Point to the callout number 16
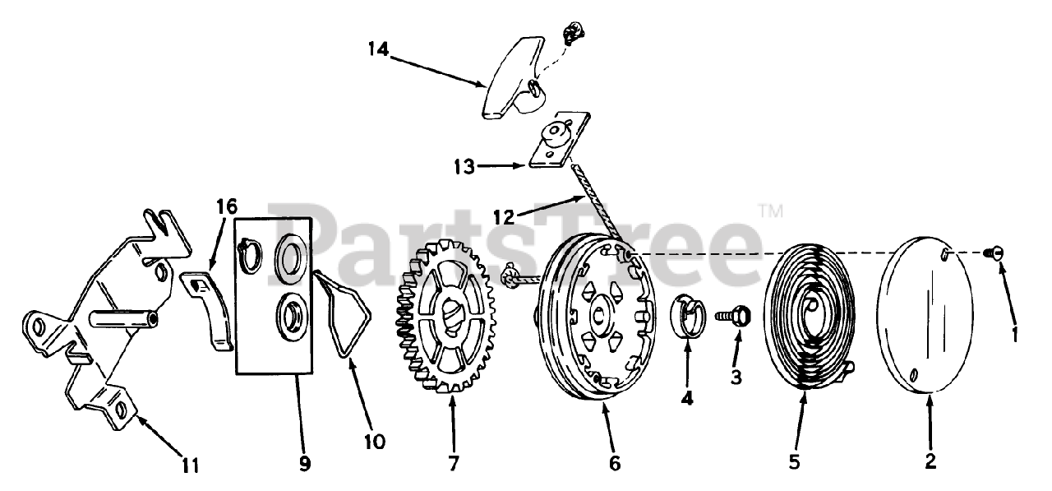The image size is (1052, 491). tap(225, 206)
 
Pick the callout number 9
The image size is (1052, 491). tap(305, 463)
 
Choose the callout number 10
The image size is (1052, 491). tap(373, 442)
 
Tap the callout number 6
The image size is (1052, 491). tap(615, 463)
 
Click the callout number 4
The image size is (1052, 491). tap(687, 398)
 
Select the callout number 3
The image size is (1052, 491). tap(736, 378)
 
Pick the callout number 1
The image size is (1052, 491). tap(1014, 335)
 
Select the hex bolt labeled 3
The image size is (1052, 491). tap(734, 314)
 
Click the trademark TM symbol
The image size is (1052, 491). tap(770, 211)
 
